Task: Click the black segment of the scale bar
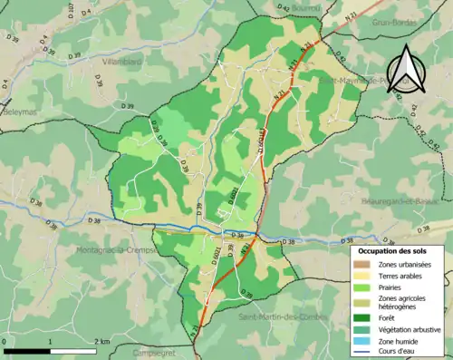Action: point(25,349)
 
